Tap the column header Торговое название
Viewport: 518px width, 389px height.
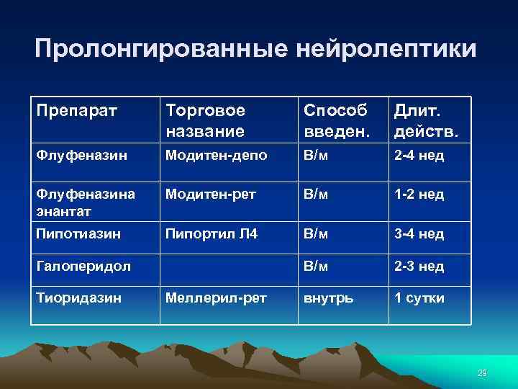(x=205, y=120)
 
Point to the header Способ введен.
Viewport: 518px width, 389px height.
(x=335, y=120)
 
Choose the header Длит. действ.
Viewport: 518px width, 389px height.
(x=425, y=120)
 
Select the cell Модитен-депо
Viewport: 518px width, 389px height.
(x=217, y=155)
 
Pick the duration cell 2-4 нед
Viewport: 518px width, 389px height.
(x=418, y=155)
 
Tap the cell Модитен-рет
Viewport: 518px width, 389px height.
(x=210, y=194)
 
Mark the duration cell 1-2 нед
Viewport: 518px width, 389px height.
(x=418, y=194)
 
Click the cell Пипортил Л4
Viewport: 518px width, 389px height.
(x=210, y=233)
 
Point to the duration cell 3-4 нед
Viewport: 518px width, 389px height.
(x=418, y=233)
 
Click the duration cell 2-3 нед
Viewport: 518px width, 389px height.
(x=418, y=267)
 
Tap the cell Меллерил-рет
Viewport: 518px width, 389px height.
(x=215, y=297)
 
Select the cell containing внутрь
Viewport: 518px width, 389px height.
(x=328, y=297)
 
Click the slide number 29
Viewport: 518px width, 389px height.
(x=482, y=372)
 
